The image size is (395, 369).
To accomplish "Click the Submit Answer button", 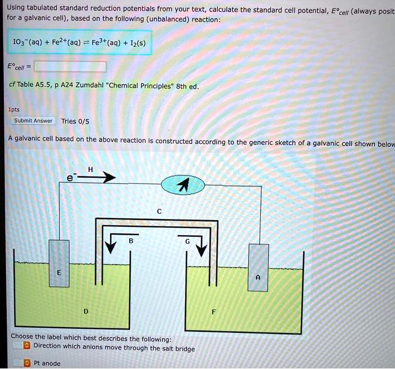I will click(x=33, y=120).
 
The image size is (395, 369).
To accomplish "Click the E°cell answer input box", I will click(x=70, y=67).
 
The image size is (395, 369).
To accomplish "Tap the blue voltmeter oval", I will click(x=183, y=184).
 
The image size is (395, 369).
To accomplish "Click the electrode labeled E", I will click(x=59, y=272).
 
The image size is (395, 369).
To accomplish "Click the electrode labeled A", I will click(x=258, y=276).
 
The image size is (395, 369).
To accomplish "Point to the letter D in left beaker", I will click(x=86, y=311).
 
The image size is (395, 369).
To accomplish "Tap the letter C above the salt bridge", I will click(x=159, y=212).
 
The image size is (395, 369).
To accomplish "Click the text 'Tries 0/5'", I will click(x=76, y=121).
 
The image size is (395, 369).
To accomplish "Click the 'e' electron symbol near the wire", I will click(x=70, y=178).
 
